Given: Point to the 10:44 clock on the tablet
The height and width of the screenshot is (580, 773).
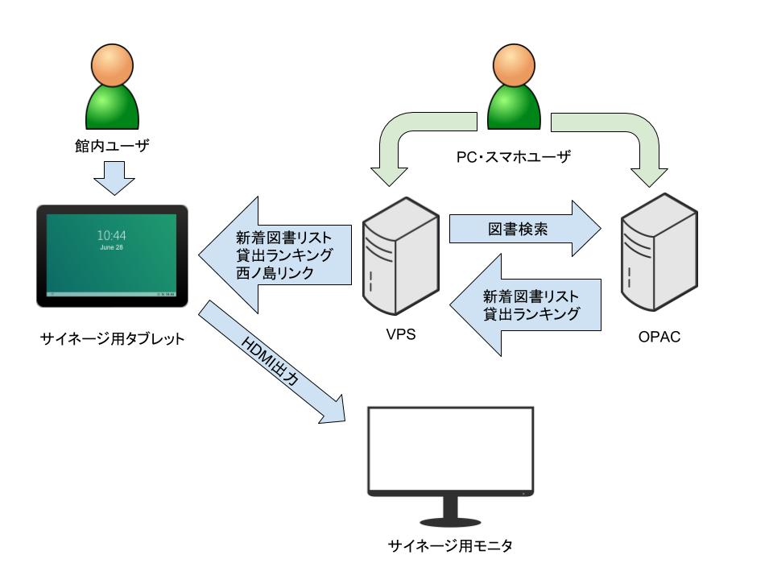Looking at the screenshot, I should (111, 235).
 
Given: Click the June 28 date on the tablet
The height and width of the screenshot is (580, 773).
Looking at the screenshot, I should (111, 248).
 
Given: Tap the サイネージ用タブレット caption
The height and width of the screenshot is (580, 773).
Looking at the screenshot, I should (112, 338).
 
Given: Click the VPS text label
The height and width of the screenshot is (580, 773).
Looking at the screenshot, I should (400, 335).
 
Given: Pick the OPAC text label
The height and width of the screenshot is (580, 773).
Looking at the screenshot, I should (659, 335).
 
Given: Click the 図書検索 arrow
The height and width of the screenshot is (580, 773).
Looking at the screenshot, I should (523, 230).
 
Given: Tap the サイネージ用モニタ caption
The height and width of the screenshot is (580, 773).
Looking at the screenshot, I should (449, 546).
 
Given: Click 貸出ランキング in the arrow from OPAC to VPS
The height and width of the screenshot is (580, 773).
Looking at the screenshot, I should (531, 314).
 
